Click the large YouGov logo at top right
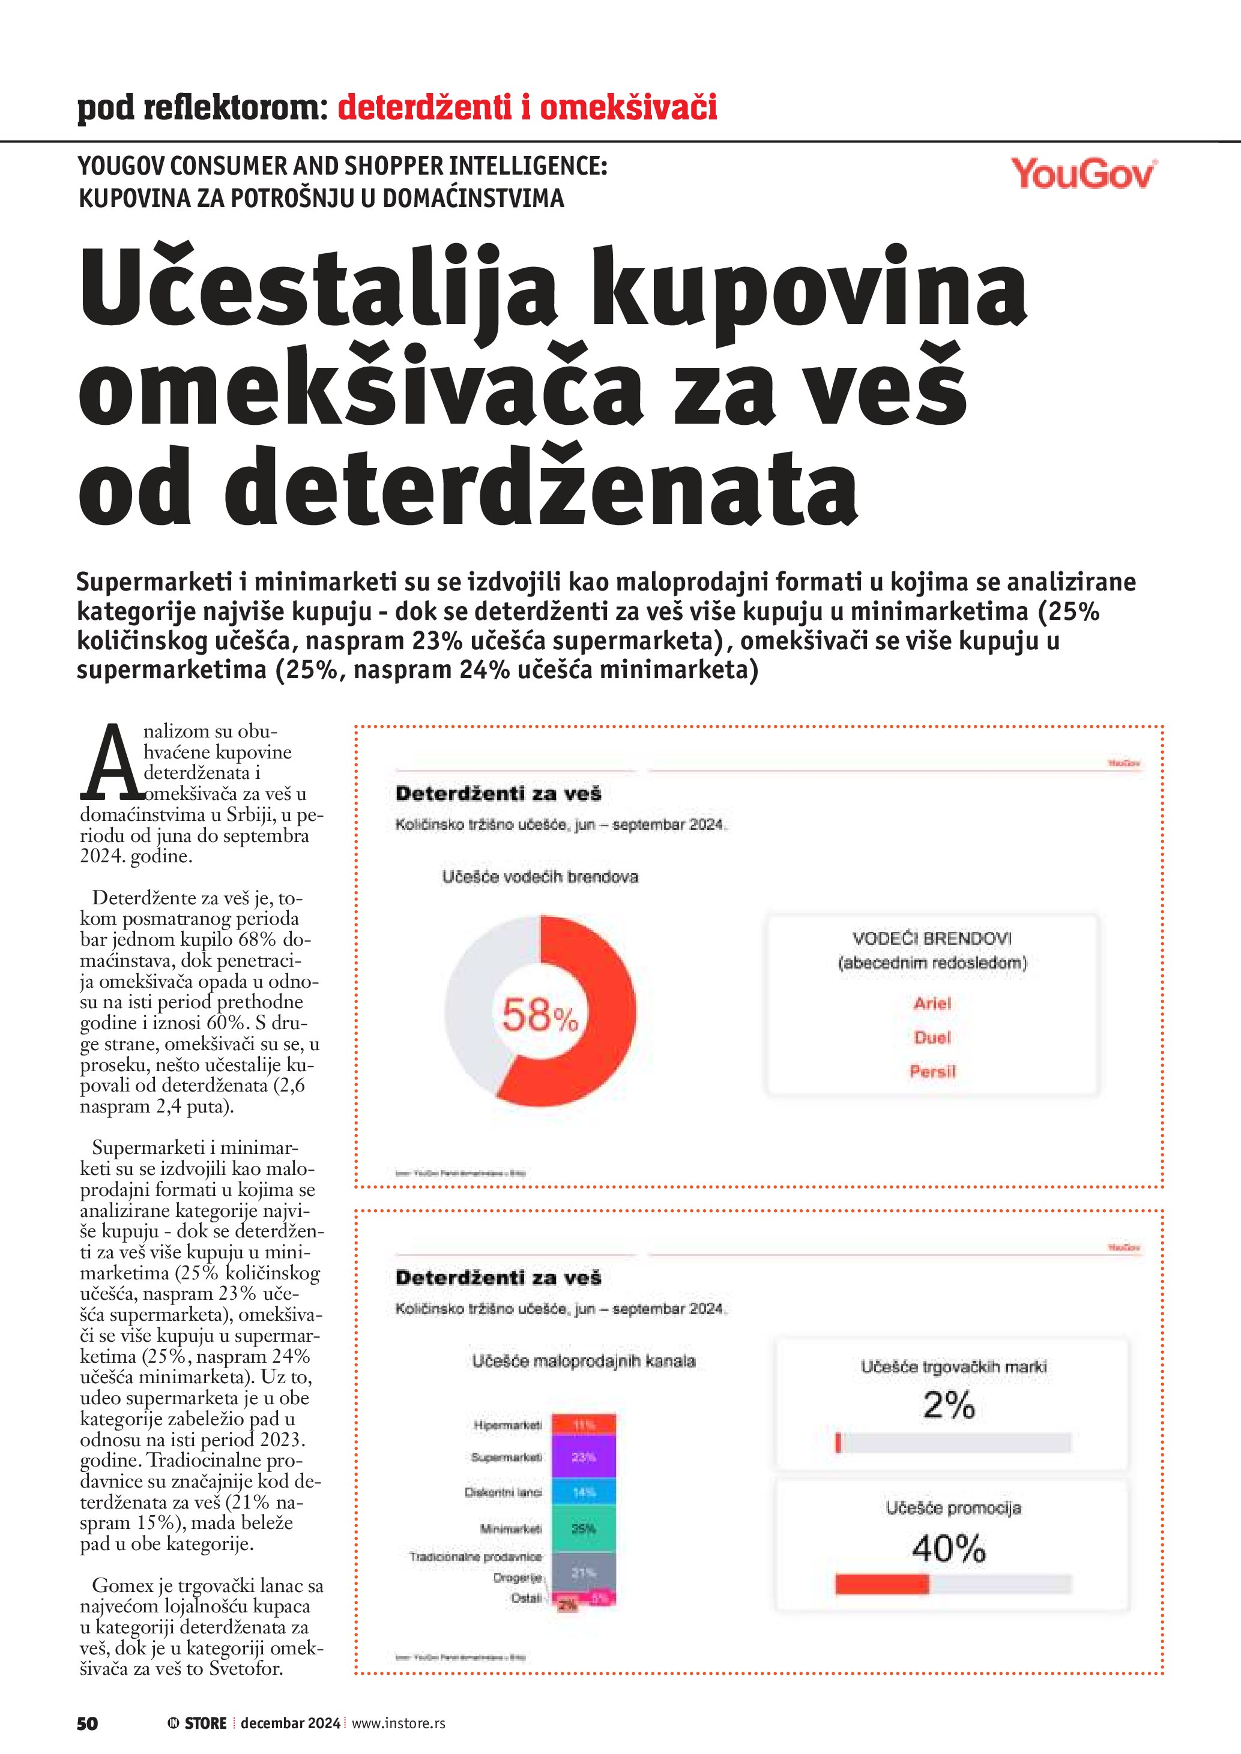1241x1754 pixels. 1083,174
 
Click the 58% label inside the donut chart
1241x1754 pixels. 540,1016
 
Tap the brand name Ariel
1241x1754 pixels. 932,1003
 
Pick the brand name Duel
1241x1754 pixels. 932,1038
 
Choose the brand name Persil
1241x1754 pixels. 932,1071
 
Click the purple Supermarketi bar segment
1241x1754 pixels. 584,1457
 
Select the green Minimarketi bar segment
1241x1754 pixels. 584,1528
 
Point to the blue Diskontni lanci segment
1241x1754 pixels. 584,1492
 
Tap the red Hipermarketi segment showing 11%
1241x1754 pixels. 584,1425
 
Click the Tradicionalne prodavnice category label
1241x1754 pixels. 476,1556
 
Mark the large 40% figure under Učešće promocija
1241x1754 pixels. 949,1549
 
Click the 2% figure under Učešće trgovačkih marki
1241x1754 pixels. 949,1405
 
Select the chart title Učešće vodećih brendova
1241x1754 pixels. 540,877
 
